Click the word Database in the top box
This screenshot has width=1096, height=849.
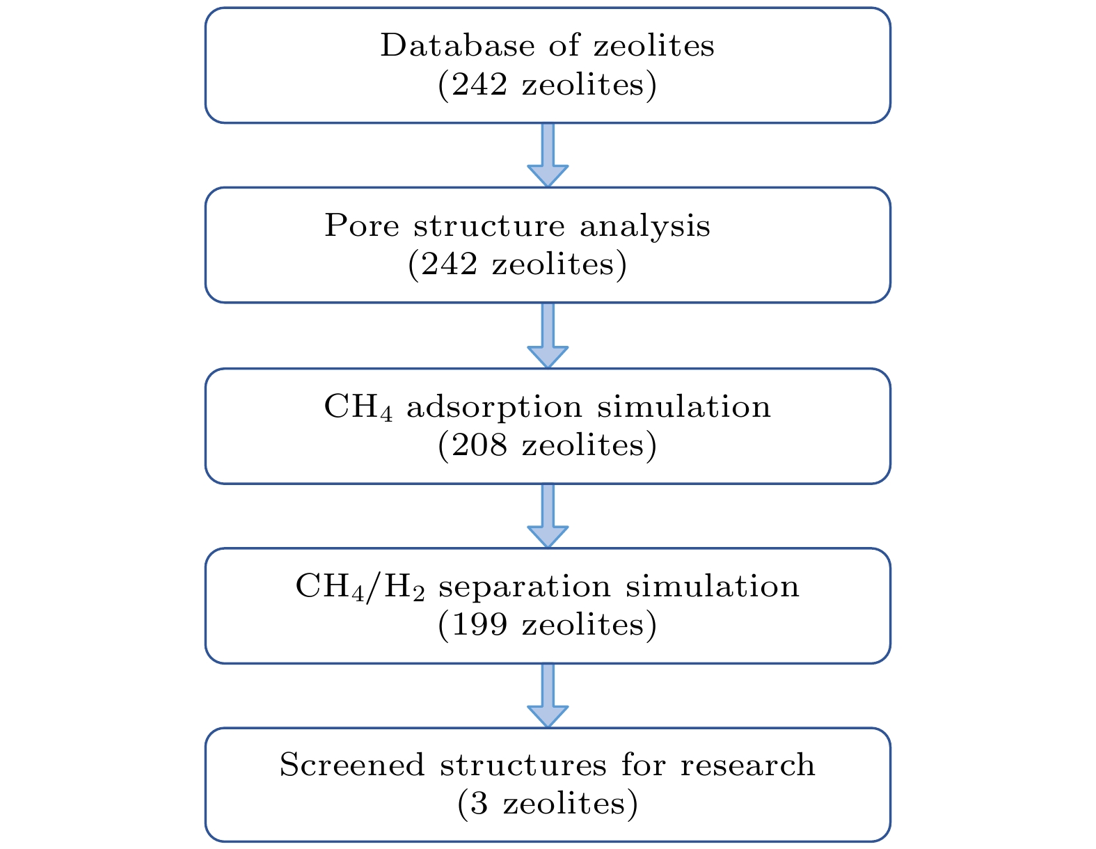click(457, 45)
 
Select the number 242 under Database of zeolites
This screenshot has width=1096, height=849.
click(479, 84)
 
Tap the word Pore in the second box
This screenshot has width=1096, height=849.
click(361, 225)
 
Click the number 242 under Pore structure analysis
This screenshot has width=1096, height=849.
click(448, 264)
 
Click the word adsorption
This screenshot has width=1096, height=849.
click(494, 407)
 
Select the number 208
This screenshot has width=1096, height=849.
click(479, 445)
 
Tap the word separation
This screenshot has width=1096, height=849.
click(525, 587)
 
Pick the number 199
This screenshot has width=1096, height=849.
click(479, 625)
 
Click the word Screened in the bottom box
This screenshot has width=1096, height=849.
click(352, 765)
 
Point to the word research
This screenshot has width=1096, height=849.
click(747, 766)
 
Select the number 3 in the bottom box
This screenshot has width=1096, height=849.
click(479, 804)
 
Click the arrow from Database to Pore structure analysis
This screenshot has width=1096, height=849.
click(548, 155)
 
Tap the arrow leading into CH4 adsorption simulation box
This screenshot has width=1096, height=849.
click(548, 335)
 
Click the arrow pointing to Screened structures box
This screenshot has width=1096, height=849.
click(548, 696)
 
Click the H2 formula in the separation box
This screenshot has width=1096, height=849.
click(404, 589)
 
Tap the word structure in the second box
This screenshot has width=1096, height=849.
click(489, 226)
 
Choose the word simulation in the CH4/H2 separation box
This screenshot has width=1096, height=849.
click(712, 587)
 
